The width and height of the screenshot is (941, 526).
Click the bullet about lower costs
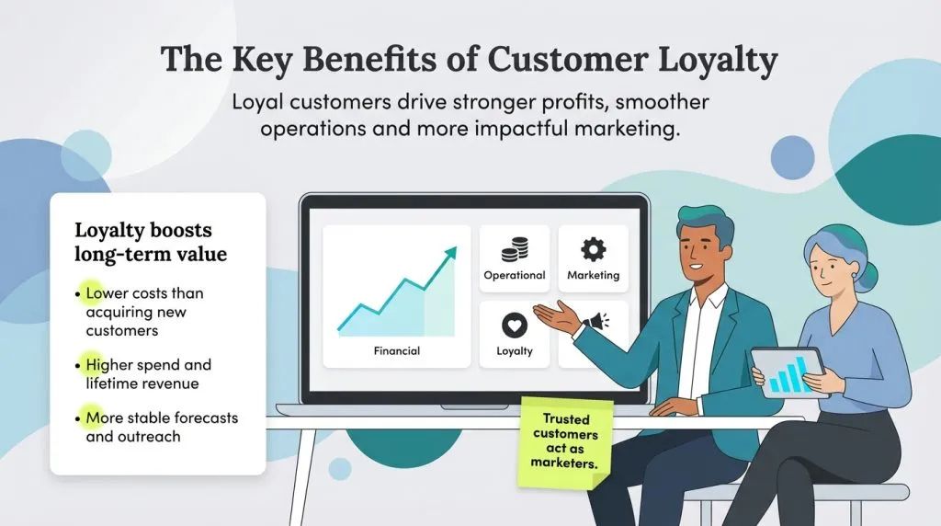[144, 312]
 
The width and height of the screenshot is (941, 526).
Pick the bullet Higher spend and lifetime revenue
[145, 373]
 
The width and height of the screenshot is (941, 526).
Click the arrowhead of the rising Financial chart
[450, 252]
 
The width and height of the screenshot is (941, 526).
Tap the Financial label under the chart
[396, 350]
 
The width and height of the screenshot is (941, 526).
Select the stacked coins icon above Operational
[515, 249]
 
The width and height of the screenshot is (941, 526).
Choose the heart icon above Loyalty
[515, 326]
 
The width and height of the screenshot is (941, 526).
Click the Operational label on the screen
[515, 275]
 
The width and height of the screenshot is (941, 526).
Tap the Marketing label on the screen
[593, 275]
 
